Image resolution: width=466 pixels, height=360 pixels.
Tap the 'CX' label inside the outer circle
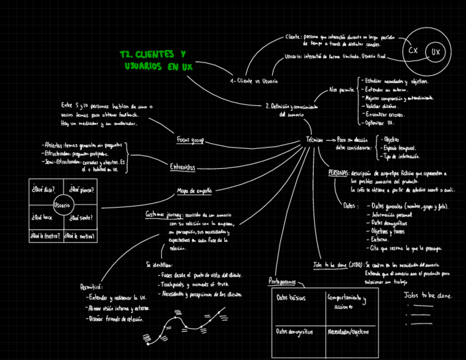pyautogui.click(x=413, y=51)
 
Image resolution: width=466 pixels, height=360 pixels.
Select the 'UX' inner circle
pyautogui.click(x=436, y=52)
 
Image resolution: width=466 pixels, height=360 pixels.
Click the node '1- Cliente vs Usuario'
pyautogui.click(x=254, y=81)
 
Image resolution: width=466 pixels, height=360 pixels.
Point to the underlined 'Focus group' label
pyautogui.click(x=190, y=140)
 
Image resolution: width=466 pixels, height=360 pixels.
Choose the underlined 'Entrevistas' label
pyautogui.click(x=182, y=167)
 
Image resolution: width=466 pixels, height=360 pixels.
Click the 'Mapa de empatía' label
pyautogui.click(x=194, y=191)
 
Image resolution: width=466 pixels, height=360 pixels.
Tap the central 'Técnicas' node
pyautogui.click(x=314, y=140)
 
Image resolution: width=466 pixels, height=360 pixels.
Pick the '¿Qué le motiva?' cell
pyautogui.click(x=80, y=236)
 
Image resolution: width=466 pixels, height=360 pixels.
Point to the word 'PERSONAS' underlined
pyautogui.click(x=338, y=173)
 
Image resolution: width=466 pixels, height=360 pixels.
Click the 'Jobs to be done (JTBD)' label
pyautogui.click(x=337, y=264)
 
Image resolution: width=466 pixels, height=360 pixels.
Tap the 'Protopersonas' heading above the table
pyautogui.click(x=282, y=282)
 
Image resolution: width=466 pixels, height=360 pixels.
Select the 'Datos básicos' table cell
pyautogui.click(x=291, y=298)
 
